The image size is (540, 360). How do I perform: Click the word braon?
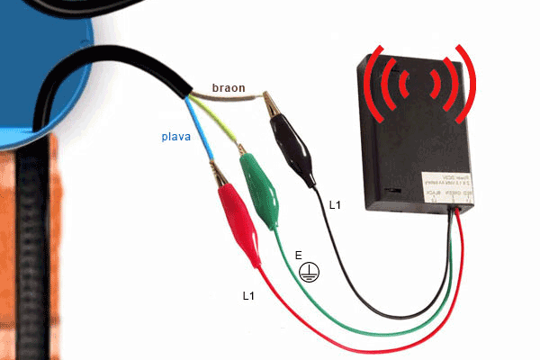click(x=229, y=88)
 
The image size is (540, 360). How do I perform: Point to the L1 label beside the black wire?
click(x=336, y=206)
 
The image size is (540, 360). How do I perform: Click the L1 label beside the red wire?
click(x=249, y=295)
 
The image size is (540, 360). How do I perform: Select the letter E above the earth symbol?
click(x=299, y=256)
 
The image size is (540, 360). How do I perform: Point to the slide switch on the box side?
click(x=391, y=191)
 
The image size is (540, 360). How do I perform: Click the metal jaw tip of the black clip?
click(x=273, y=106)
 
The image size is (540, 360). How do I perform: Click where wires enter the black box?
click(x=459, y=208)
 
